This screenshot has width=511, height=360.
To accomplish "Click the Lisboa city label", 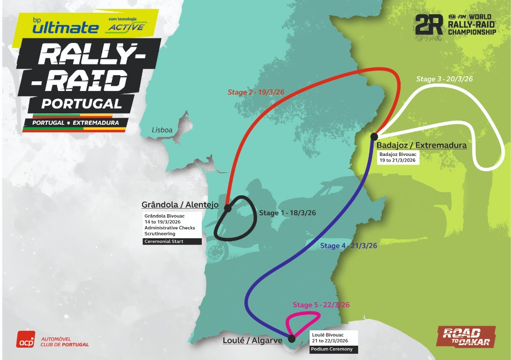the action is point(162,130).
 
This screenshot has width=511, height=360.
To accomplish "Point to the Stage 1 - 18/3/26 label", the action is point(289,213).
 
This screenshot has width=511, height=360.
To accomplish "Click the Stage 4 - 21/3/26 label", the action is point(349,246).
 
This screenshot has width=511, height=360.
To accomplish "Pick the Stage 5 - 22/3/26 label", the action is point(321,305).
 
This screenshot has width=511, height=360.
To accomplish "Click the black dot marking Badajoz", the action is point(374,136).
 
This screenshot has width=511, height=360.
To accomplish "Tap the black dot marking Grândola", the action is point(228,208).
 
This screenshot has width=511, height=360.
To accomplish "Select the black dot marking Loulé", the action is point(291,338).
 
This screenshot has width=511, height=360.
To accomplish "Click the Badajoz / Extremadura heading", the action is point(421,145).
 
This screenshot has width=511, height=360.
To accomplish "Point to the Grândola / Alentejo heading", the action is point(180,205).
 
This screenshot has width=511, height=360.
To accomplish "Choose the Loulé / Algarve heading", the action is point(252,340).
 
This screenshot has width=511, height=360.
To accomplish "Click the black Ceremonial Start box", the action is point(172,241).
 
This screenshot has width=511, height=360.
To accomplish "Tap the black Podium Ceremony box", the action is point(334,350).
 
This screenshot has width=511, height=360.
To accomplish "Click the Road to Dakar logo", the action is point(466,336).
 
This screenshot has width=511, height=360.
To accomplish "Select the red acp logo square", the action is point(26,340).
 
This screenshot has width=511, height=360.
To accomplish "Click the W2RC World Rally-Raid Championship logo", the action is point(455,25).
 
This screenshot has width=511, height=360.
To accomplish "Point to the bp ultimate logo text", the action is point(64,26).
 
